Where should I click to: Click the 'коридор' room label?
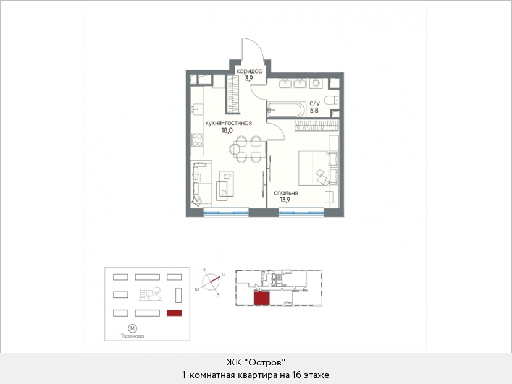(250, 71)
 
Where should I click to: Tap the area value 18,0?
(227, 130)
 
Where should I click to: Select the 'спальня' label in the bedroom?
(286, 193)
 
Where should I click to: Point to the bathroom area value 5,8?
(314, 110)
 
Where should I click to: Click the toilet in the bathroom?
(332, 100)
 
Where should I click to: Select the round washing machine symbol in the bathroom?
(316, 83)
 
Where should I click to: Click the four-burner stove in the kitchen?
(197, 140)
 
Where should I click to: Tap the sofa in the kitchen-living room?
(199, 184)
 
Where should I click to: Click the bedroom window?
(301, 213)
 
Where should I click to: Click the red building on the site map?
(174, 313)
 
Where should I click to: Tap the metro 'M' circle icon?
(132, 328)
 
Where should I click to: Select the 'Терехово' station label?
(132, 336)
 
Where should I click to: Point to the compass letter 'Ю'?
(197, 289)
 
